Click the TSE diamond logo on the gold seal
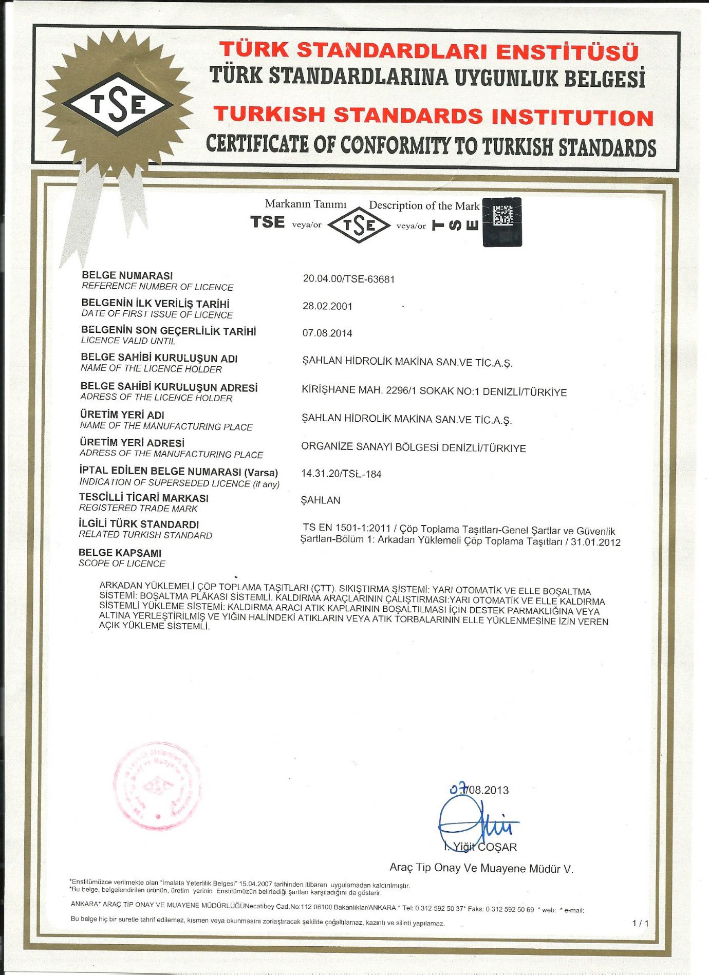pos(118,104)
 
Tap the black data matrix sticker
pos(502,221)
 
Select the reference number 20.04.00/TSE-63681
pos(348,279)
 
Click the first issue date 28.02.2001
pos(327,306)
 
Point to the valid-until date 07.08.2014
pos(327,333)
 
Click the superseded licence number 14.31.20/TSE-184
pos(341,474)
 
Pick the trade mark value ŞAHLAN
pos(321,500)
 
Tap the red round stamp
pos(157,786)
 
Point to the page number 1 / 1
pos(640,923)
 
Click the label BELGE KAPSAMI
pos(120,553)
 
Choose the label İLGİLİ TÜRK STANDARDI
pos(139,524)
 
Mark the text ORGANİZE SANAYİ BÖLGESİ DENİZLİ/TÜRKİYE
pos(414,447)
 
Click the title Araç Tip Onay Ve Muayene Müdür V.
pos(481,868)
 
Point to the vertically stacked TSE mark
pos(456,225)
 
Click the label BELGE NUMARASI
pos(127,275)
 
